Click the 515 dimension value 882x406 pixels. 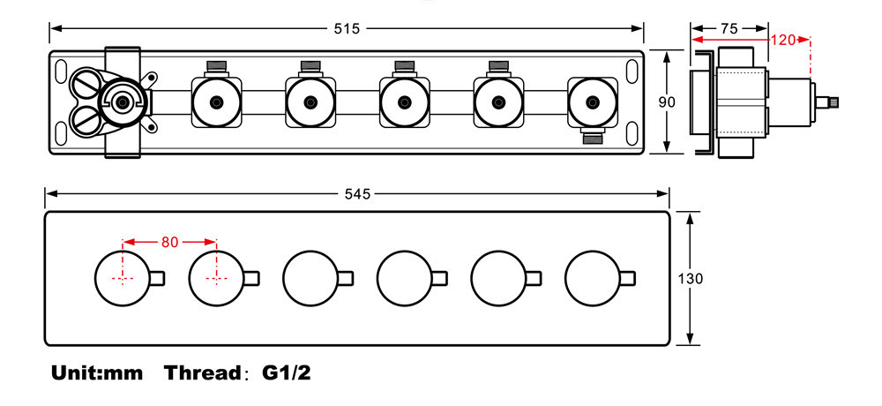347,29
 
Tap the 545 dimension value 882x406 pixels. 358,194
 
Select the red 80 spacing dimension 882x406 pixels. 169,243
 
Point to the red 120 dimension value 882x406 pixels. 782,40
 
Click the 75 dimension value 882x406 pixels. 729,29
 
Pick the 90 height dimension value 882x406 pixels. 667,102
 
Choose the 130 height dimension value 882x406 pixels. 690,279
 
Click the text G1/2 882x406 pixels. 287,372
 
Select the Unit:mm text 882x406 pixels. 97,372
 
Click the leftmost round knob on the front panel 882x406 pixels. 122,278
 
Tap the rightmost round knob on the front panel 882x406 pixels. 593,278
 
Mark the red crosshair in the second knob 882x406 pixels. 216,278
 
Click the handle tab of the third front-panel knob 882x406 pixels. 346,278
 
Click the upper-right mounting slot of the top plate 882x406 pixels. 632,68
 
